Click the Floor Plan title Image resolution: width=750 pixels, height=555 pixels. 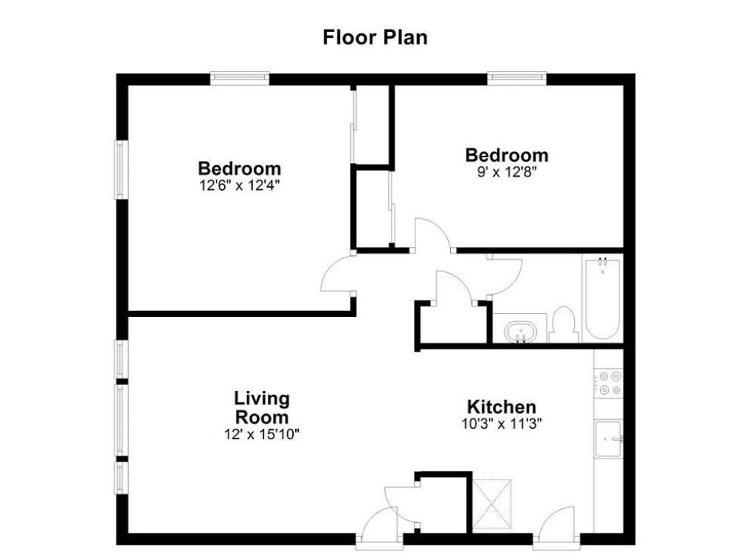(375, 37)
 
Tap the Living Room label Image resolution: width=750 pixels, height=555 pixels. (262, 407)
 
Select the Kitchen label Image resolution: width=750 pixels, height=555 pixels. (501, 407)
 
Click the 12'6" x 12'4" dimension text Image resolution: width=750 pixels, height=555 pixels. (239, 185)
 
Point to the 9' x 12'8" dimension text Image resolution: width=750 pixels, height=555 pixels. (507, 171)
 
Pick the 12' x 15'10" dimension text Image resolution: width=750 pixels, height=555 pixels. (262, 435)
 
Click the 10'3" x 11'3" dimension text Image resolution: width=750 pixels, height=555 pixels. (501, 424)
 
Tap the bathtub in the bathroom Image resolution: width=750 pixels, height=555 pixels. (602, 299)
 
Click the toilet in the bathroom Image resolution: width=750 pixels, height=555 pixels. (564, 325)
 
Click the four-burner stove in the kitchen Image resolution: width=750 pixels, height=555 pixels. (609, 384)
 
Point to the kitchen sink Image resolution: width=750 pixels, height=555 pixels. (608, 439)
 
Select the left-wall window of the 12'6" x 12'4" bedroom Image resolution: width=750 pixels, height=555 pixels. (121, 169)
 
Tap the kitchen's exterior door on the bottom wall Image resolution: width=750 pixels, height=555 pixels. (557, 525)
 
